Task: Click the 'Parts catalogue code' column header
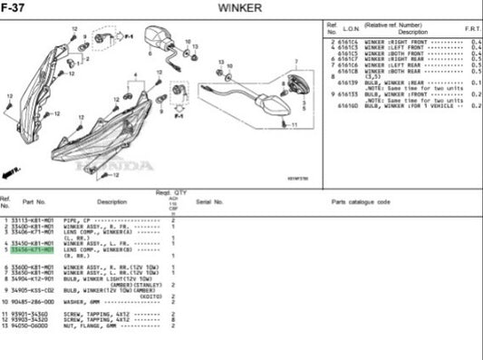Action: tap(360, 201)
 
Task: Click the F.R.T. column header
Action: tap(472, 30)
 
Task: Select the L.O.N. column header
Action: tap(348, 30)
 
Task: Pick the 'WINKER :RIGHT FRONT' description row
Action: tap(399, 43)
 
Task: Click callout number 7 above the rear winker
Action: tap(295, 63)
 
